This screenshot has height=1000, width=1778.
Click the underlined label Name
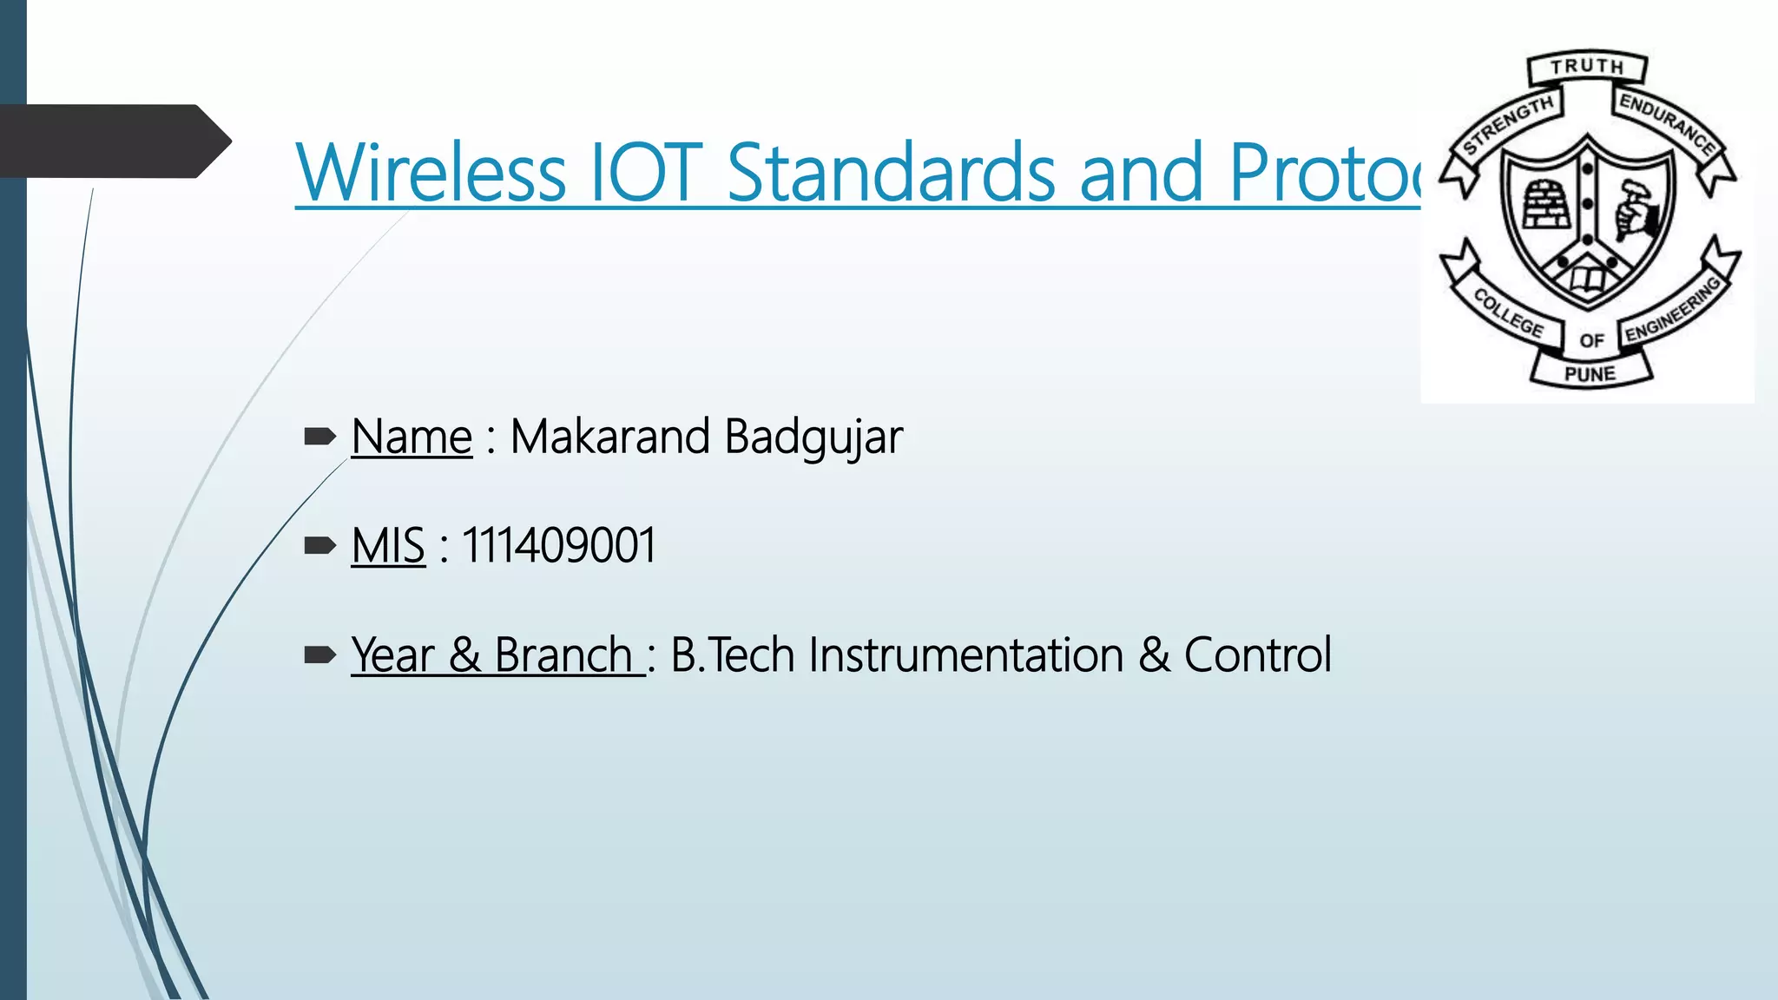(x=412, y=437)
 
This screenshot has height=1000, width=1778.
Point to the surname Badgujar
(x=813, y=437)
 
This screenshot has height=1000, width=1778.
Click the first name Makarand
(x=609, y=437)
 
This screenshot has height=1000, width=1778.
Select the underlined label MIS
(x=388, y=546)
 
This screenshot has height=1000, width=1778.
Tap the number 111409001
(x=558, y=546)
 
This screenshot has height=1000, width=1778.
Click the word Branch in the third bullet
(x=563, y=655)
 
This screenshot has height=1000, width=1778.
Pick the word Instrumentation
(x=965, y=655)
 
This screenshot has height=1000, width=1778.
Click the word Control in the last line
(x=1257, y=655)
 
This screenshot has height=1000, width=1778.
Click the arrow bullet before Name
(x=319, y=437)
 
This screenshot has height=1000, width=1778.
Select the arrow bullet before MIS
(x=319, y=546)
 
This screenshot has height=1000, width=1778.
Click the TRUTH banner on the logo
(x=1587, y=67)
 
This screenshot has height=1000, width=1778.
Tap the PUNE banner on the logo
(x=1590, y=374)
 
